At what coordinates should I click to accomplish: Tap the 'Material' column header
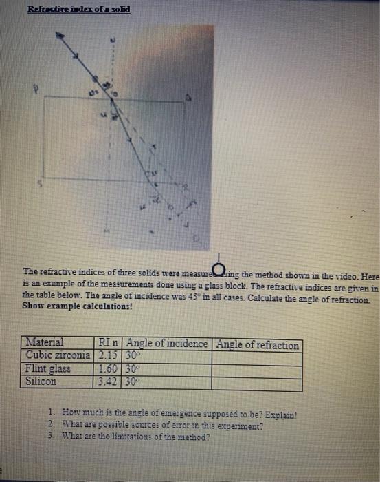click(45, 343)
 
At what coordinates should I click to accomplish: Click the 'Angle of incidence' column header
click(167, 344)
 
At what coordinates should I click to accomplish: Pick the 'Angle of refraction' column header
click(257, 344)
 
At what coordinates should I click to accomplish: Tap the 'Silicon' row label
click(41, 379)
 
